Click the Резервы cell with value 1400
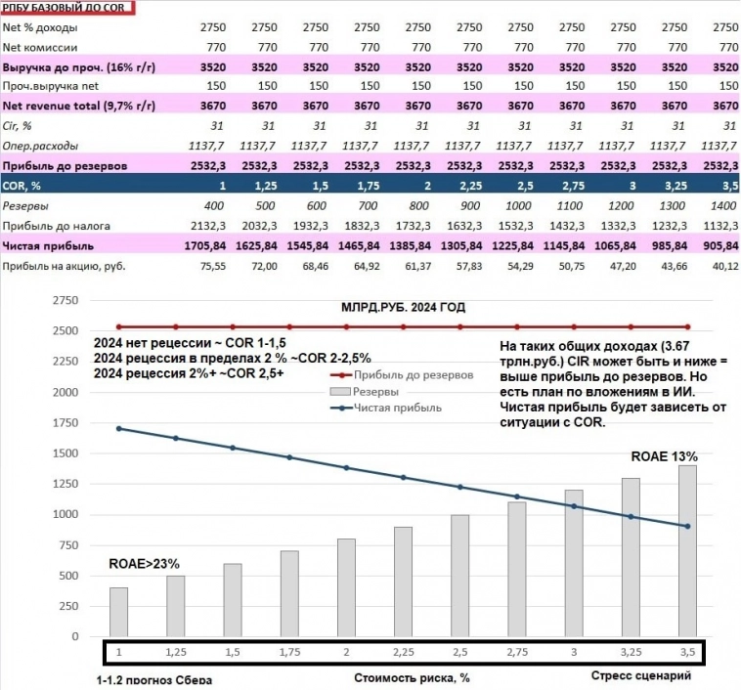[721, 206]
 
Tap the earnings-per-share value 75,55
[211, 266]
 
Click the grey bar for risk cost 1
[119, 611]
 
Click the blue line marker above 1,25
[176, 438]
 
